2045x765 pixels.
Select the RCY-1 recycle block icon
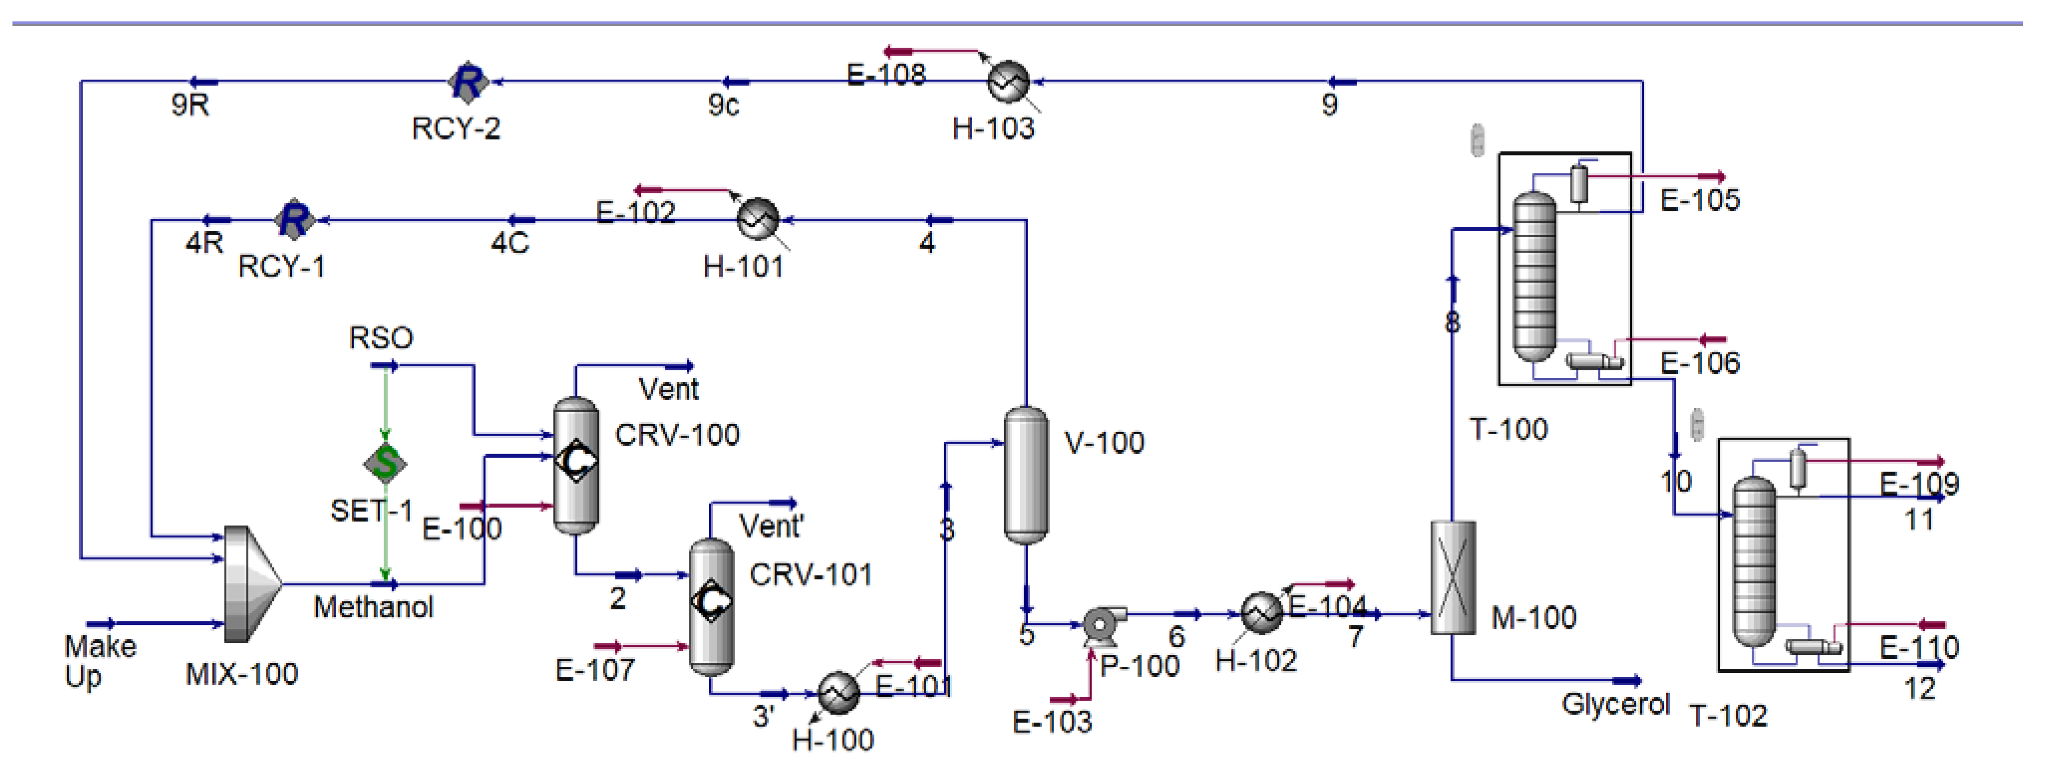pyautogui.click(x=294, y=220)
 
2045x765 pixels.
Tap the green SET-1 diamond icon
pyautogui.click(x=385, y=462)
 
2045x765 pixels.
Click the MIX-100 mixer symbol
pyautogui.click(x=250, y=583)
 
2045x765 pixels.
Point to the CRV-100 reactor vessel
pyautogui.click(x=576, y=464)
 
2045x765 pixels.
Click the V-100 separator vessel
pyautogui.click(x=1025, y=474)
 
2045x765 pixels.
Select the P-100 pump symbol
pyautogui.click(x=1103, y=624)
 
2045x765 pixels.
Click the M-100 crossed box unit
pyautogui.click(x=1453, y=577)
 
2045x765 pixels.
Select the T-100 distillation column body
pyautogui.click(x=1534, y=278)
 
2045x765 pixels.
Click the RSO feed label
pyautogui.click(x=381, y=338)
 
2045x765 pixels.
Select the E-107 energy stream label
pyautogui.click(x=595, y=671)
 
